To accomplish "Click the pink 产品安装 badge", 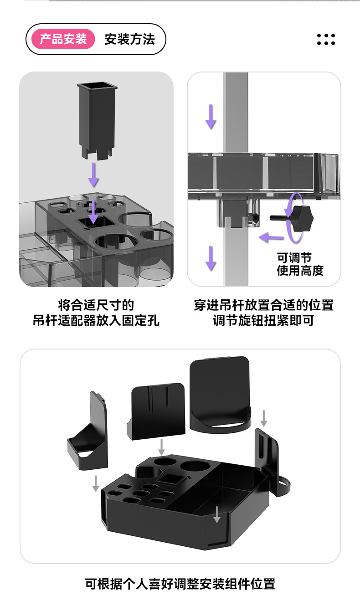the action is (63, 39).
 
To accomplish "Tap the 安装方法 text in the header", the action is (130, 39).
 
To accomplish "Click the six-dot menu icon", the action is (326, 40).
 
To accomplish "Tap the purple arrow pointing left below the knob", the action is (270, 237).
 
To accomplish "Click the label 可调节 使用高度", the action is (300, 264).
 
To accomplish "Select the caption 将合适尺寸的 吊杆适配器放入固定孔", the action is (96, 313).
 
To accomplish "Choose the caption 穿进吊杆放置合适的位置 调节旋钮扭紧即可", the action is (263, 313).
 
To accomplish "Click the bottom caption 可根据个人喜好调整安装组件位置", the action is (180, 584).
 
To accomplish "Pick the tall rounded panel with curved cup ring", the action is (221, 394).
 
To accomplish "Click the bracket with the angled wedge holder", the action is (89, 435).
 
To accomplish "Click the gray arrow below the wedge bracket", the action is (96, 483).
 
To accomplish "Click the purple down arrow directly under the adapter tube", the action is (93, 175).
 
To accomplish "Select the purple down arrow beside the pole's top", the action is (210, 116).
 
